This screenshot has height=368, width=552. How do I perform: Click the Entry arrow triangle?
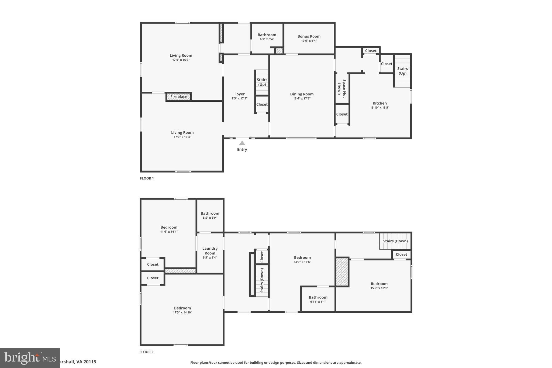coord(242,143)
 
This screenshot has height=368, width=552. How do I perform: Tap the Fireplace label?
coord(179,97)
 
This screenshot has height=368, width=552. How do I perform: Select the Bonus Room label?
coord(309,36)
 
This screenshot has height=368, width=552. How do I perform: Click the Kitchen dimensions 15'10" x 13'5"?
coord(379,108)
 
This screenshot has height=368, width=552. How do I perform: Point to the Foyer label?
coord(239,94)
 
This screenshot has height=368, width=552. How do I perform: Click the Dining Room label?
coord(302,94)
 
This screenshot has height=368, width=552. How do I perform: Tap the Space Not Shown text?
coord(342,88)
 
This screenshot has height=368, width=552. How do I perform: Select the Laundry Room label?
coord(210,251)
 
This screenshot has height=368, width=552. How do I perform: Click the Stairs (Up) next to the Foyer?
coord(262,82)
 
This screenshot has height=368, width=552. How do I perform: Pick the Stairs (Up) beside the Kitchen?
coord(402,71)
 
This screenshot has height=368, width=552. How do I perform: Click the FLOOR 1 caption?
coord(147,178)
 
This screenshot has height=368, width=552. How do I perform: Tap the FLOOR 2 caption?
coord(146,352)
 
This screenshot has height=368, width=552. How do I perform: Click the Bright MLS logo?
coord(30,358)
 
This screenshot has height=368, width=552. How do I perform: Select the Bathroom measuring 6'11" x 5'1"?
coord(318,297)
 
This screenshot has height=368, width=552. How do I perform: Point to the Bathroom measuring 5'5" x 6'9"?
coord(210,214)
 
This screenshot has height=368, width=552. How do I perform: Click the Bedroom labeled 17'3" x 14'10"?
coord(182,308)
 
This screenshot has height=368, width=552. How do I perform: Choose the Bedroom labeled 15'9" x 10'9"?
coord(379,284)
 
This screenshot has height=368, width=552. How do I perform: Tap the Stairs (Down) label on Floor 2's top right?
coord(395,241)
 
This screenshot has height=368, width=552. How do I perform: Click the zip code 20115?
coord(89,362)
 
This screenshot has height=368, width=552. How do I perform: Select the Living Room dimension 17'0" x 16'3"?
coord(181,60)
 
